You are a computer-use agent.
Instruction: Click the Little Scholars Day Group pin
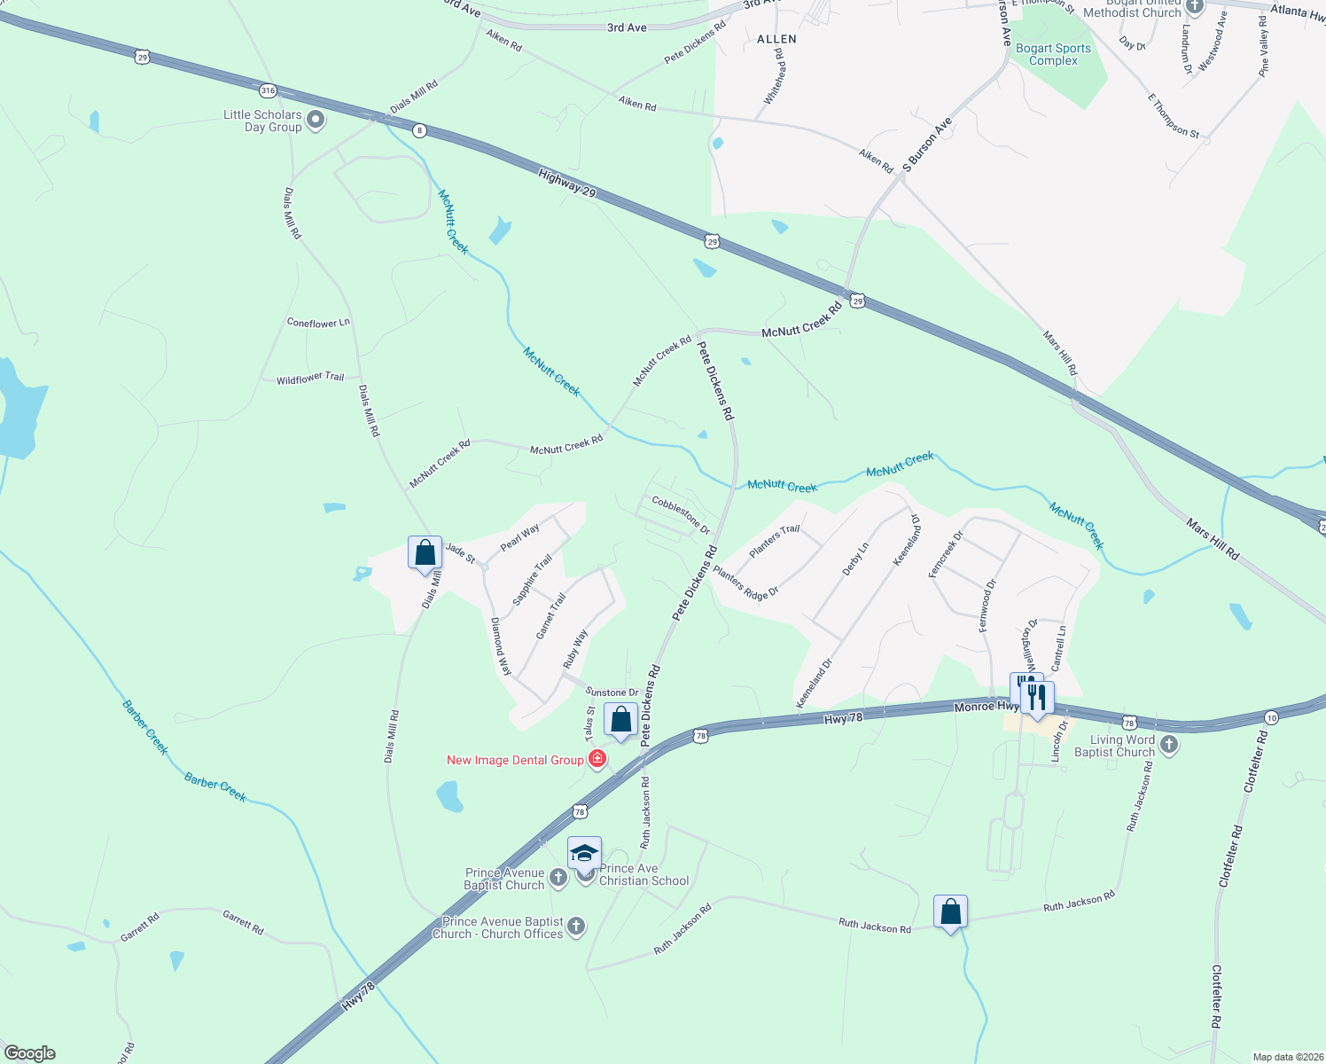tap(315, 119)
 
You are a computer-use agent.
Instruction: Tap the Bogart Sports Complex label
tap(1053, 55)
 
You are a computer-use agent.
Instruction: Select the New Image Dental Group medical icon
tap(597, 759)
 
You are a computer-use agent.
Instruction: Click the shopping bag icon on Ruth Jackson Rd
tap(950, 911)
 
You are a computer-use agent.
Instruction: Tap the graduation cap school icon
tap(584, 853)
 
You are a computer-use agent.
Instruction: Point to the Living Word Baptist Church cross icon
tap(1169, 745)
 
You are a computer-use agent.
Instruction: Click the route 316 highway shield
tap(268, 90)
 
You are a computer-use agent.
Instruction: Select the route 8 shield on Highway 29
tap(419, 130)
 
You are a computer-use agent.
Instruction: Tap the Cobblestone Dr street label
tap(681, 514)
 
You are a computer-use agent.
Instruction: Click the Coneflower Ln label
tap(318, 323)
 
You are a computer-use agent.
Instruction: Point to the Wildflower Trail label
tap(310, 379)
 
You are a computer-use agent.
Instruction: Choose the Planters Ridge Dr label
tap(745, 583)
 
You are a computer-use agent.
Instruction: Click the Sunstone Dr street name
tap(612, 692)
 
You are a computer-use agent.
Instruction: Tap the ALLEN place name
tap(776, 39)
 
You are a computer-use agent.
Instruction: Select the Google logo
tap(30, 1053)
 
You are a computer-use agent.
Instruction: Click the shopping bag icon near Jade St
tap(425, 552)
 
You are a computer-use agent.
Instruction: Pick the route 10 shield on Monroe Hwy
tap(1272, 716)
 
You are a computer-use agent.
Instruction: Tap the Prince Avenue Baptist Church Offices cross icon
tap(576, 927)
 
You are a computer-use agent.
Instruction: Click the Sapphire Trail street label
tap(532, 580)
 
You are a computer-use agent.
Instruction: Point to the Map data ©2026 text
tap(1286, 1057)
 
